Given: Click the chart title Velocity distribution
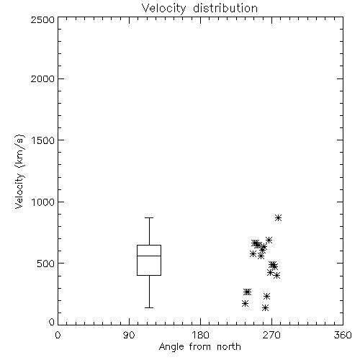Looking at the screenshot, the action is coord(199,9).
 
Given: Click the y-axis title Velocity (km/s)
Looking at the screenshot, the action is coord(19,171).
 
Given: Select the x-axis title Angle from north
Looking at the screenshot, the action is coord(199,346).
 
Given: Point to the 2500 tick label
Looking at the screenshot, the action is coord(42,19).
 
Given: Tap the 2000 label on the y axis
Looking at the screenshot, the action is coord(42,78).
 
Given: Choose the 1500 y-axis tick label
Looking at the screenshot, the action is coord(43,140).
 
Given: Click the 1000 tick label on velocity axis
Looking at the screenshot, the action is coord(43,202).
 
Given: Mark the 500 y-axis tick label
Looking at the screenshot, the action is coord(46,264).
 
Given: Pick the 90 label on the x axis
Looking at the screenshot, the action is coord(129,335).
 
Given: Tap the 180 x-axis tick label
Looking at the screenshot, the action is coord(200,335).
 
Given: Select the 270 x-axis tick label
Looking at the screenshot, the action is coord(271,335).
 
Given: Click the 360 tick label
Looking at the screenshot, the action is coord(343,335).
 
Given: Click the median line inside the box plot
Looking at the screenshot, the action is coord(149,256).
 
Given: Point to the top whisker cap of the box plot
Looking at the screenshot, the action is coord(149,217).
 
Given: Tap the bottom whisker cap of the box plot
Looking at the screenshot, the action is coord(149,307).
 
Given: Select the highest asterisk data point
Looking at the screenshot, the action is coord(278,218).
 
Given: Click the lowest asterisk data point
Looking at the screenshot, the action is coord(265,308).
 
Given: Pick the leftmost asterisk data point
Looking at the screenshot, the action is coord(245,304).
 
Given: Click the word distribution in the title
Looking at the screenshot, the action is coord(225,9).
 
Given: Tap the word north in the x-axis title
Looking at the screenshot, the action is coord(229,347).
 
